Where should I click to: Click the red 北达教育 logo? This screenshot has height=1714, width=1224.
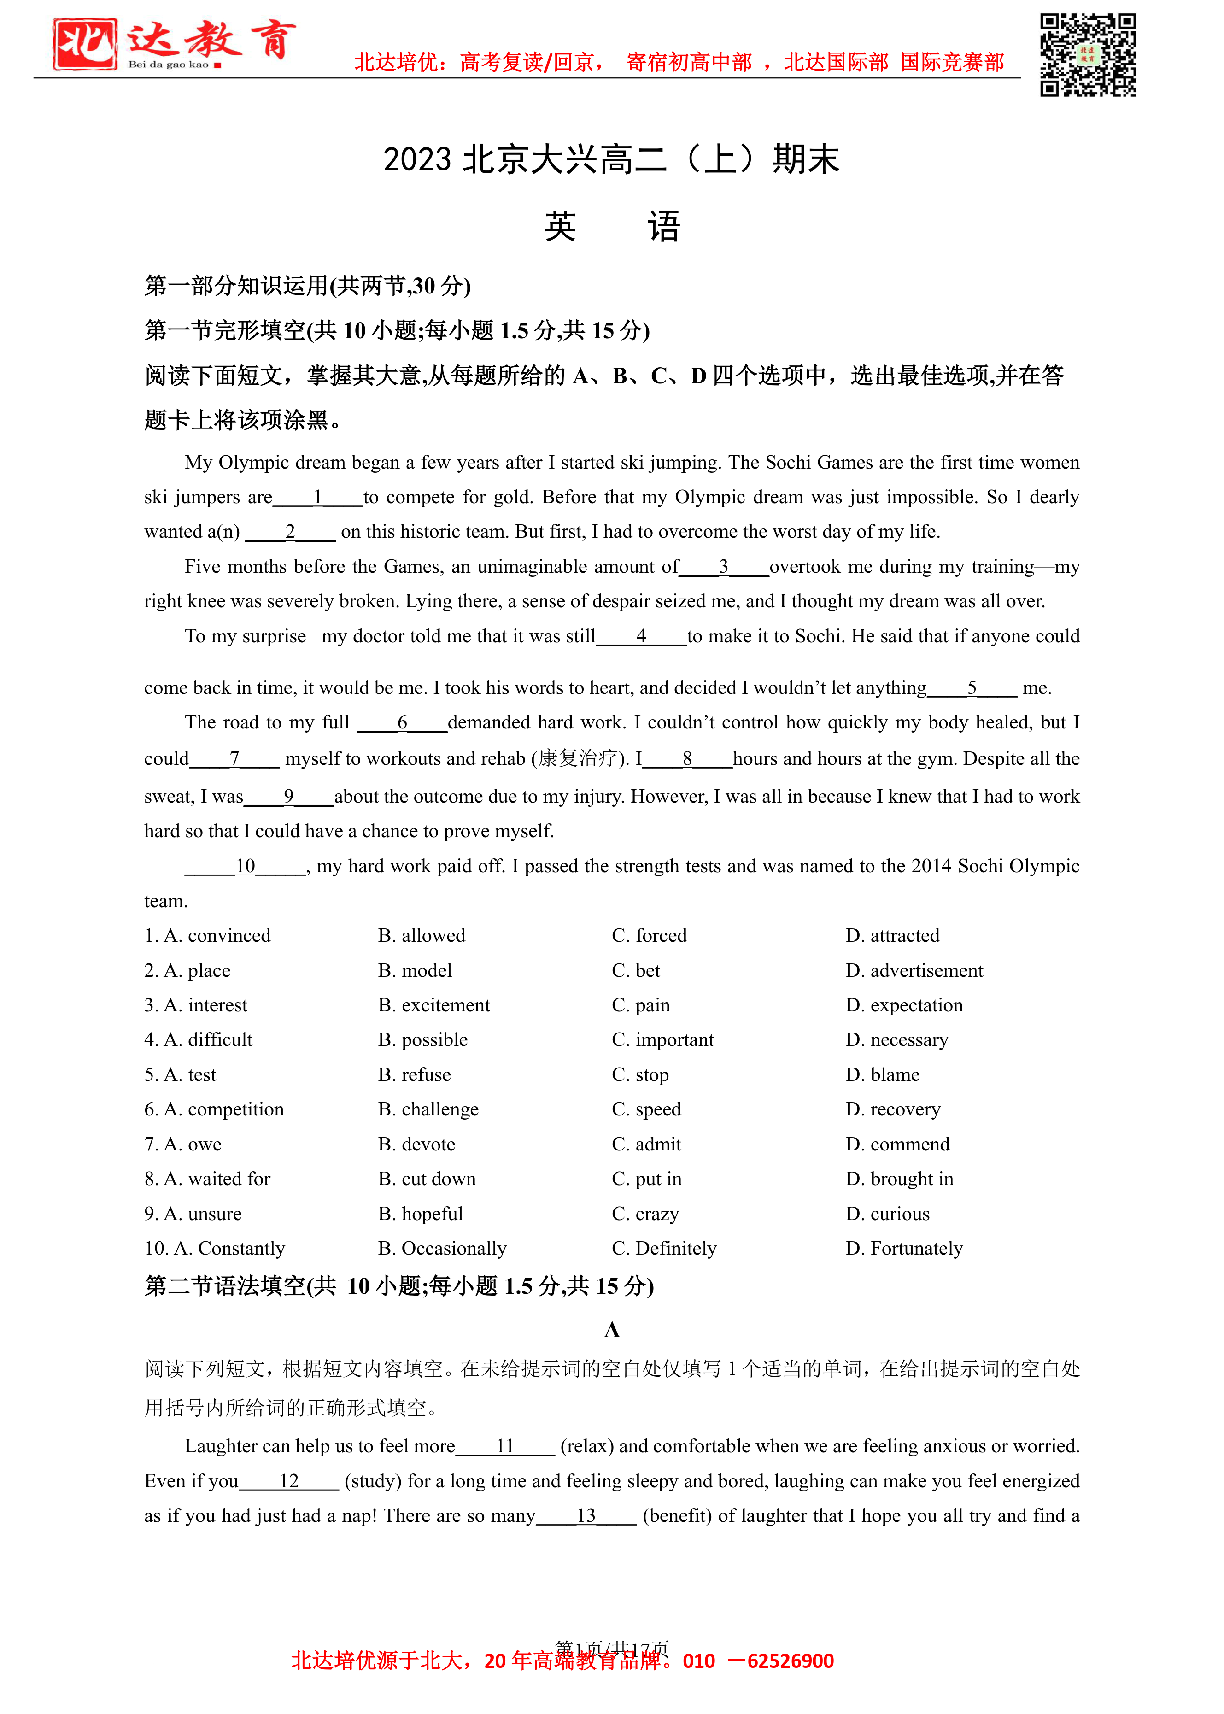point(173,44)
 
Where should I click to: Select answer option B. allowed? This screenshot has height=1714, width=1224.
point(422,935)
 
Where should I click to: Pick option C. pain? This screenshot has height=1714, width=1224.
point(641,1005)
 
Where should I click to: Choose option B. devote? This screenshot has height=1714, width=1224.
point(417,1144)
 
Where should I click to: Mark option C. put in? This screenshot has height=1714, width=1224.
point(647,1179)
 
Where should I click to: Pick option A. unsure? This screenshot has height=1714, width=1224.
point(193,1214)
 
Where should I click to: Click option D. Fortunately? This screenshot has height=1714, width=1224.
point(904,1248)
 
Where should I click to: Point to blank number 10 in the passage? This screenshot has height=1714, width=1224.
point(246,866)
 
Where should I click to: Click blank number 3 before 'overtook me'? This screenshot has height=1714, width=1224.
point(724,567)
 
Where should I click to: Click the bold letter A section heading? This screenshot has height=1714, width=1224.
point(612,1330)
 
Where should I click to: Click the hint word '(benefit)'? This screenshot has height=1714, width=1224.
point(677,1516)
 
